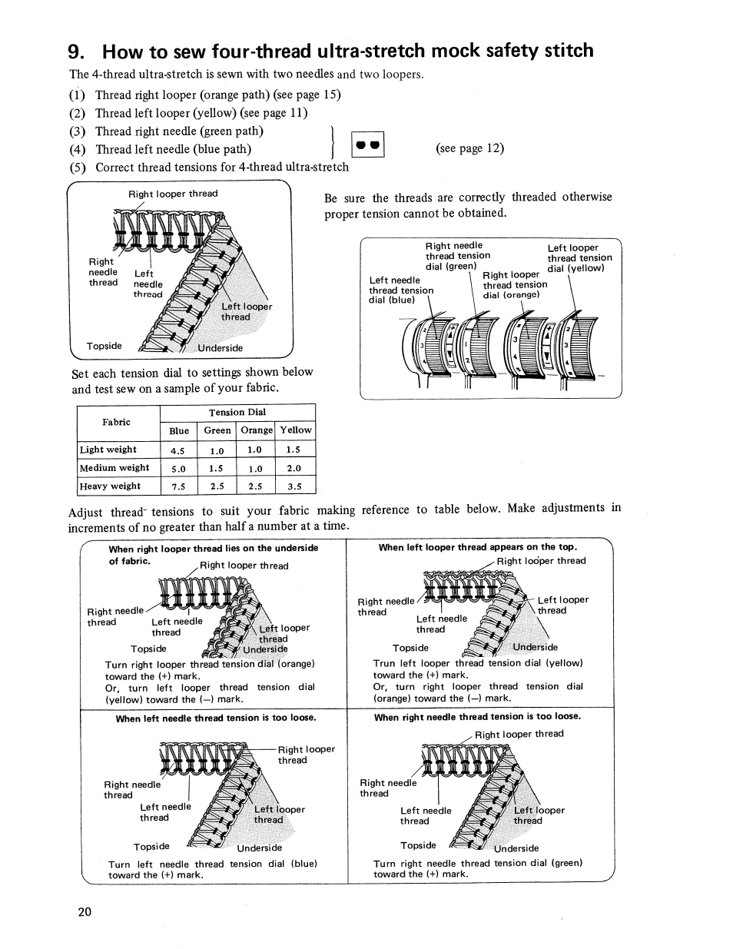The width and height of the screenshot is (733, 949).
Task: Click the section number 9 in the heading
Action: coord(75,51)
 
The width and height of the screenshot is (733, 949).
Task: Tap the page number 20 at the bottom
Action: coord(85,912)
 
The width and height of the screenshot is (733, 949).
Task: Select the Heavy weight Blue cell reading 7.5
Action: coord(179,486)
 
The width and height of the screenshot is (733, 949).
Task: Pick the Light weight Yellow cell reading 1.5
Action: coord(293,450)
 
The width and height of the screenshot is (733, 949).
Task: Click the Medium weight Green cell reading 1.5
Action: coord(217,468)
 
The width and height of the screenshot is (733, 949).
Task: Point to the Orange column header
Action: coord(257,430)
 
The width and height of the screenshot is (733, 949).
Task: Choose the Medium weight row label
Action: coord(114,468)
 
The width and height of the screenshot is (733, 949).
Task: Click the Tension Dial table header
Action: coord(237,413)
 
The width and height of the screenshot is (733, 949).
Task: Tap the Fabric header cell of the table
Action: coord(117,422)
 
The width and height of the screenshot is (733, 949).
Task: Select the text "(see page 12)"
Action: coord(469,148)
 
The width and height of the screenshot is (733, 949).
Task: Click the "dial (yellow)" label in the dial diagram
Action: coord(575,268)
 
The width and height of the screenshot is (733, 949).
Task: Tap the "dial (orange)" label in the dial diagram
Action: coord(511,295)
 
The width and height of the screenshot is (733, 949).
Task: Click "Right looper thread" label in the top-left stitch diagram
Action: coord(173,194)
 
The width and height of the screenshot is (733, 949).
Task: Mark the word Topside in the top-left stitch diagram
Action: coord(104,346)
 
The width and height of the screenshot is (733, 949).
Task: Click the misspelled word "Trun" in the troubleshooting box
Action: coord(383,663)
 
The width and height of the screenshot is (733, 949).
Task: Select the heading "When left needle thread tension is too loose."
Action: coord(216,718)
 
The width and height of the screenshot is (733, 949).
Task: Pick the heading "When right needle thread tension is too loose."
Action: coord(477,717)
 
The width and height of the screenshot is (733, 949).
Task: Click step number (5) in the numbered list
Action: coord(77,168)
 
